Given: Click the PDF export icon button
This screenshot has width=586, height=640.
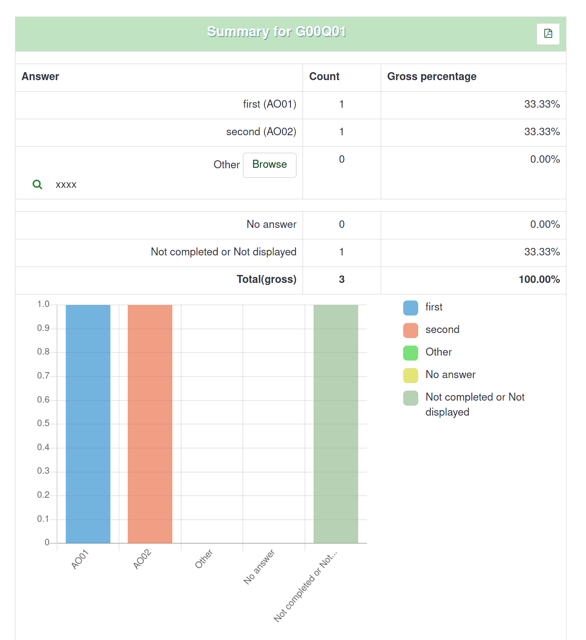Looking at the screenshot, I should pyautogui.click(x=548, y=34).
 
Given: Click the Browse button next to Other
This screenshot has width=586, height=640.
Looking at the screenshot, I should pyautogui.click(x=269, y=165).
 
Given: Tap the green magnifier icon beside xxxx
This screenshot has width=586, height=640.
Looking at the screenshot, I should pyautogui.click(x=38, y=184).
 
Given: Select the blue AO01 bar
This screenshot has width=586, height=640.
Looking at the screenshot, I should pyautogui.click(x=88, y=423).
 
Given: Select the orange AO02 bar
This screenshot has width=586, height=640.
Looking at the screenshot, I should pyautogui.click(x=150, y=423).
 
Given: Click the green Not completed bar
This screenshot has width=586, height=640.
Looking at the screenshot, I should pyautogui.click(x=336, y=423).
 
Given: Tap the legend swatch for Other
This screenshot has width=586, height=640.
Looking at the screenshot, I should pyautogui.click(x=411, y=353).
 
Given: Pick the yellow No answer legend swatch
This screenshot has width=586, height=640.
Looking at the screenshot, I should pyautogui.click(x=411, y=375).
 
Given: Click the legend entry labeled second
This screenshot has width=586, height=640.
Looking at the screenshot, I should pyautogui.click(x=442, y=330).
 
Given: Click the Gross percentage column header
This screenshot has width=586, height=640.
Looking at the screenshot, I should pyautogui.click(x=432, y=77).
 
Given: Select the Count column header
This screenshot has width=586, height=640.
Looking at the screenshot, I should pyautogui.click(x=324, y=77).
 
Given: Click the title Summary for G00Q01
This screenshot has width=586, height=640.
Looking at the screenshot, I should pyautogui.click(x=276, y=32).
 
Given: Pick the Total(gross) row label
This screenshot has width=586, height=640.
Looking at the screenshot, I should pyautogui.click(x=266, y=279).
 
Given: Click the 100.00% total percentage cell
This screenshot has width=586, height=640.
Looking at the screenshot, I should pyautogui.click(x=539, y=279).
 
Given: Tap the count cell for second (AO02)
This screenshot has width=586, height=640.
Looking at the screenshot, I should pyautogui.click(x=342, y=132).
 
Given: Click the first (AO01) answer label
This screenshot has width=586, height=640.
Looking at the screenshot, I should pyautogui.click(x=269, y=104).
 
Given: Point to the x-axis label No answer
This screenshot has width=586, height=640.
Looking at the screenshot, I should pyautogui.click(x=259, y=566).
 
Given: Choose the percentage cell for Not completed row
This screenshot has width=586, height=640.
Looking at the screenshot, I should pyautogui.click(x=542, y=252).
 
